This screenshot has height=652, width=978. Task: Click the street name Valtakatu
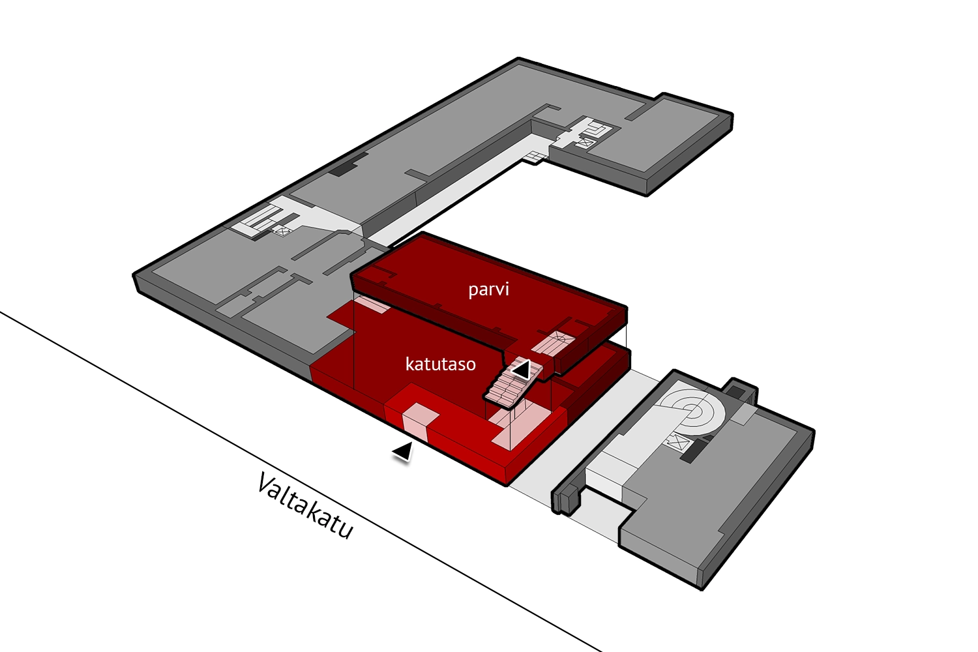[x=305, y=506]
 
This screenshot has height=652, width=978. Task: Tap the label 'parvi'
[x=488, y=289]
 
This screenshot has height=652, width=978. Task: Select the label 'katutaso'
[x=441, y=364]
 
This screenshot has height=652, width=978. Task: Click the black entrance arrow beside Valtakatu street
[x=403, y=451]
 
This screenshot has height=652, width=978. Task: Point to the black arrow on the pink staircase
[x=522, y=370]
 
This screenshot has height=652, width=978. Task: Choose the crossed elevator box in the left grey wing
[x=282, y=230]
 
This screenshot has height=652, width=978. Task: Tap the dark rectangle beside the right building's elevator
[x=694, y=451]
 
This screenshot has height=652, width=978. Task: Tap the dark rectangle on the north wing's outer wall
[x=340, y=168]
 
